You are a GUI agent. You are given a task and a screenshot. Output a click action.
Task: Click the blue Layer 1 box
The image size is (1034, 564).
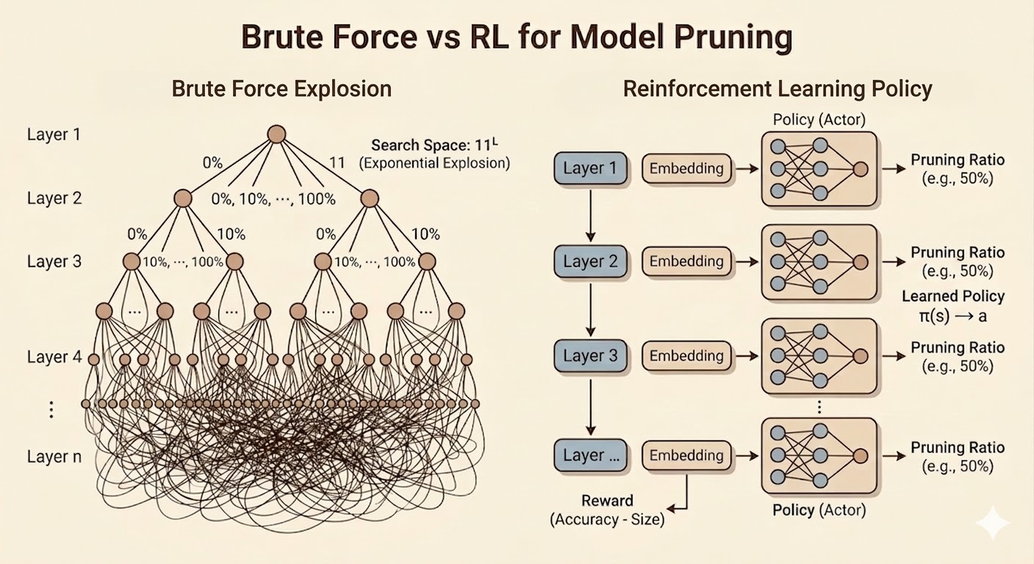590,168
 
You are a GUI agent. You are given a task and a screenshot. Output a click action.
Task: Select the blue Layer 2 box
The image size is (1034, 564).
590,261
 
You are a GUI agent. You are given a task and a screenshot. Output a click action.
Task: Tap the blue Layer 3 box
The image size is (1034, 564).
590,355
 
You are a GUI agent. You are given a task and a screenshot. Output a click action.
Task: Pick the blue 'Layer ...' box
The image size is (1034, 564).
590,455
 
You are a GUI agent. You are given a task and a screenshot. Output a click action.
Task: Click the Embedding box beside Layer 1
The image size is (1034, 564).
686,168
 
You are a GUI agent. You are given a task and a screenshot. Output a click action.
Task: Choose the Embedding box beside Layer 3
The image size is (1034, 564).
686,355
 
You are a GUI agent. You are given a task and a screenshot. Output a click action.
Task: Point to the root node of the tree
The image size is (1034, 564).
276,134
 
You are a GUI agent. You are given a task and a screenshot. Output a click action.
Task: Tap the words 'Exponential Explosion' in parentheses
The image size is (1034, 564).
434,163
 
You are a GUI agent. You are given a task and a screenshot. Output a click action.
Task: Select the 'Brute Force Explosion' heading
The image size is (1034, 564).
281,89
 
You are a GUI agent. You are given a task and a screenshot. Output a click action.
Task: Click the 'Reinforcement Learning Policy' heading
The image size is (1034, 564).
778,89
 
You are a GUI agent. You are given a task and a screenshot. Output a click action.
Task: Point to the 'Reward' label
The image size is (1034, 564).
607,501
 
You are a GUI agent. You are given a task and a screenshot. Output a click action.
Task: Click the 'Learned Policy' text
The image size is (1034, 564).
952,297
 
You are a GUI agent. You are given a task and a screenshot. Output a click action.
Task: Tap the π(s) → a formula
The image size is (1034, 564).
952,316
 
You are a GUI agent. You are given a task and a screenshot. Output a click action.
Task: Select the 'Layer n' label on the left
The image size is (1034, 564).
54,456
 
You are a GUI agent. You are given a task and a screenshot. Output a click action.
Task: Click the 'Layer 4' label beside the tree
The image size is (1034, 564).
54,357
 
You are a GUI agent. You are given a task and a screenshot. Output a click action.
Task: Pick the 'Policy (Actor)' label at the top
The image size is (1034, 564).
819,119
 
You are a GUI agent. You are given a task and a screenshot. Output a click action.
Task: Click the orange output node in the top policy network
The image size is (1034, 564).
861,169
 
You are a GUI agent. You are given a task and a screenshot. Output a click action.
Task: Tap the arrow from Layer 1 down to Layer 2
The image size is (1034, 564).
590,213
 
